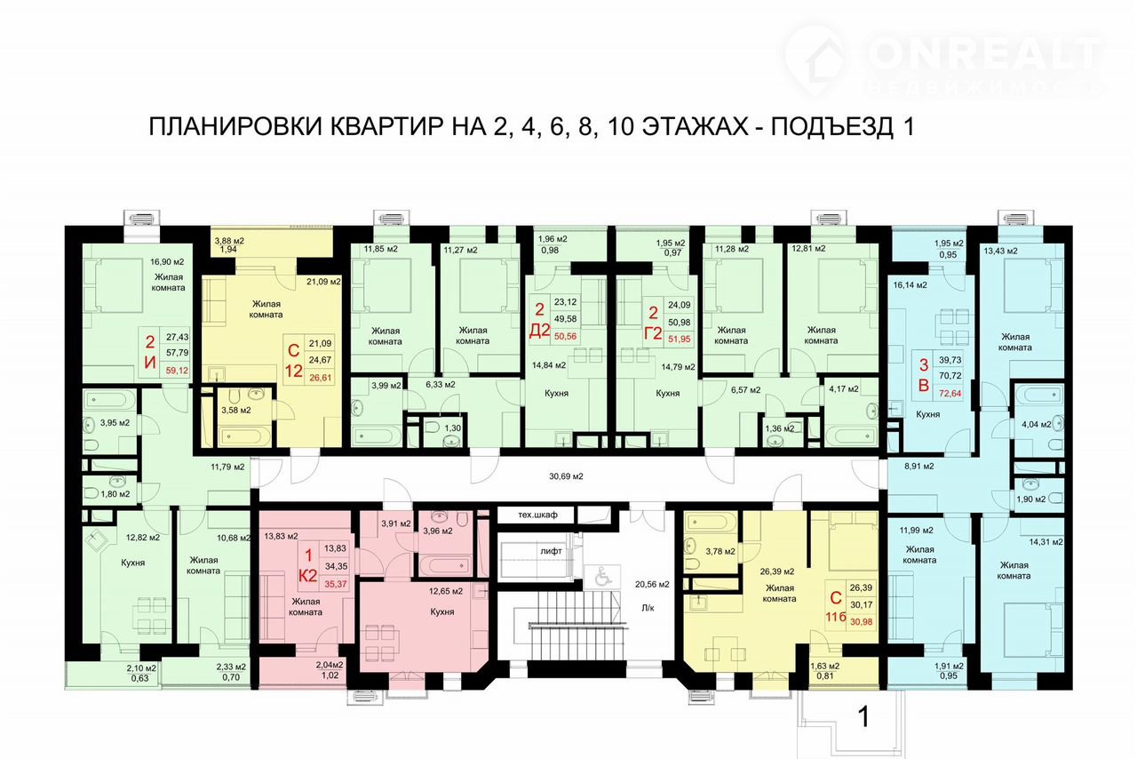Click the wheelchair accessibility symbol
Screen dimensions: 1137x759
[602, 577]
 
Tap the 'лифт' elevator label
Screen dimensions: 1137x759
[551, 551]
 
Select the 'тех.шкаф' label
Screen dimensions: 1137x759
[537, 515]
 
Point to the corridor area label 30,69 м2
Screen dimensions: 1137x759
[566, 476]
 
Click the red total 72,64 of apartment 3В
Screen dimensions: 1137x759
[950, 393]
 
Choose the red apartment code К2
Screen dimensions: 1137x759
[307, 576]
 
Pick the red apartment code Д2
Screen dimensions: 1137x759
[539, 331]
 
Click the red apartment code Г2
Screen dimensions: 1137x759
[653, 333]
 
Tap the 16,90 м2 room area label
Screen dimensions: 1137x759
[167, 262]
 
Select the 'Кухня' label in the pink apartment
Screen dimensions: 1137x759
[442, 611]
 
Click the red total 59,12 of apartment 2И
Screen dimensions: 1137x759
[177, 371]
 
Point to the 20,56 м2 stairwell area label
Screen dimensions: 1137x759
[652, 584]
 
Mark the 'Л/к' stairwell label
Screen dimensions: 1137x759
[648, 608]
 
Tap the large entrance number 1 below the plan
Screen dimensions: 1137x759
[863, 716]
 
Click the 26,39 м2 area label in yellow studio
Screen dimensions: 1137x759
[777, 571]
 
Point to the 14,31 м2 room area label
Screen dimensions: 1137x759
[1046, 542]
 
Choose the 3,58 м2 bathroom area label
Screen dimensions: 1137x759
[236, 410]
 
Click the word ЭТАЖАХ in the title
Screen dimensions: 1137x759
[695, 127]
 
